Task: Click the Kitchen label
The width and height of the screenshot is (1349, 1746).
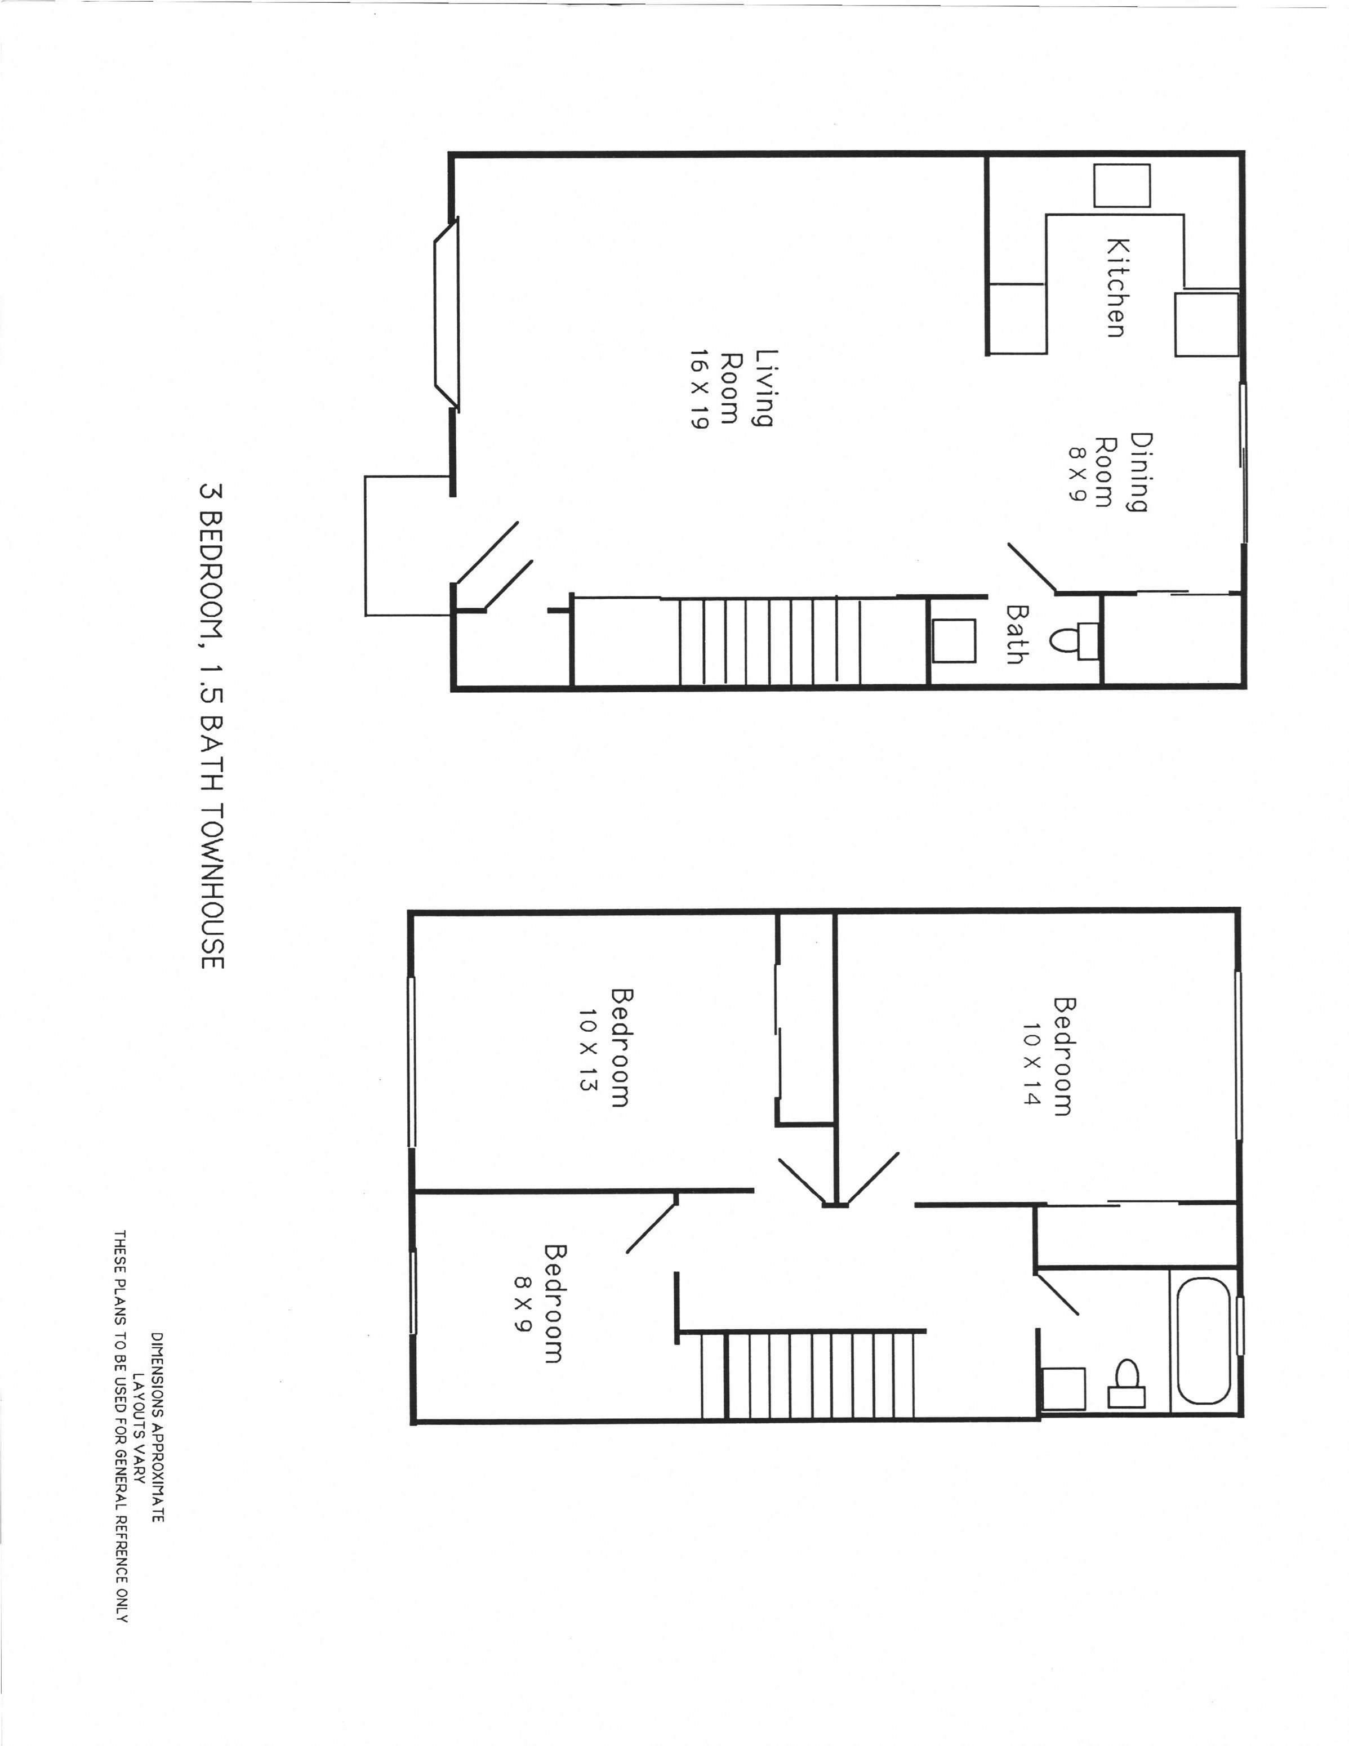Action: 1116,288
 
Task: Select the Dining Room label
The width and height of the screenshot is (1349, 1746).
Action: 1121,471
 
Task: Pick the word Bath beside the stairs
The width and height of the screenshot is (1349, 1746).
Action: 1016,634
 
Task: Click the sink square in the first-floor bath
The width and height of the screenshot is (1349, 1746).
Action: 955,640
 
